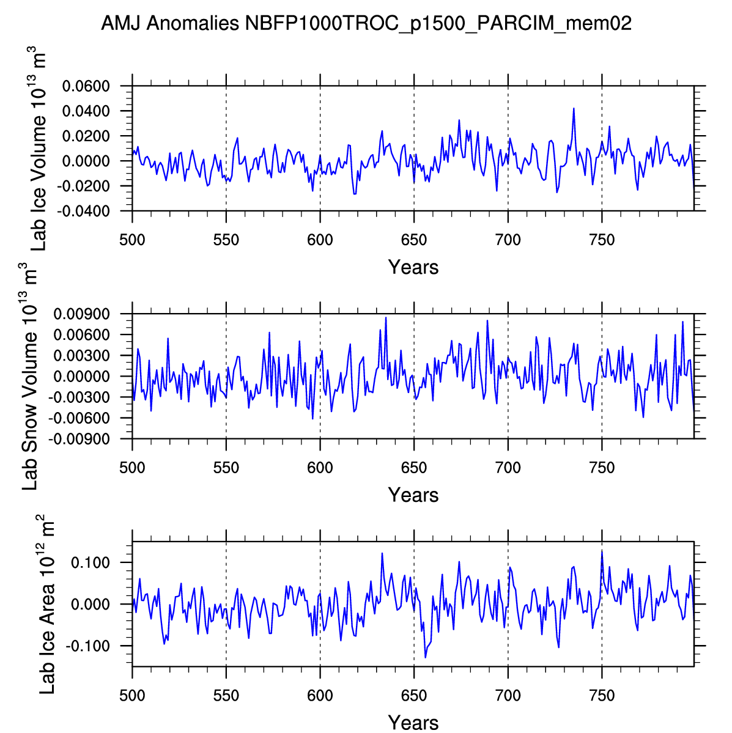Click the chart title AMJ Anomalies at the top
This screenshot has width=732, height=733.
coord(366,24)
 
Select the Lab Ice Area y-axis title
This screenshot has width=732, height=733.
coord(47,604)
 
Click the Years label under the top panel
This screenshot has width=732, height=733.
coord(413,267)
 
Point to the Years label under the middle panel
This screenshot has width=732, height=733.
coord(413,495)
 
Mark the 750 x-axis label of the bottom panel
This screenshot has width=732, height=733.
coord(602,696)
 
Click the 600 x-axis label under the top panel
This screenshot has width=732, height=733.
coord(320,240)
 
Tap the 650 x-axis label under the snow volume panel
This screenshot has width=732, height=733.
coord(414,468)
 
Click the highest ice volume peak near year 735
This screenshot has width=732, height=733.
coord(574,108)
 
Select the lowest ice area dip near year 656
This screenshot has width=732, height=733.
coord(426,657)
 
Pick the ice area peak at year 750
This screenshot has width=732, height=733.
coord(602,551)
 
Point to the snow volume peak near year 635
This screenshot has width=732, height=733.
coord(386,317)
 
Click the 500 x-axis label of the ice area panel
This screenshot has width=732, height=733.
coord(132,696)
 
